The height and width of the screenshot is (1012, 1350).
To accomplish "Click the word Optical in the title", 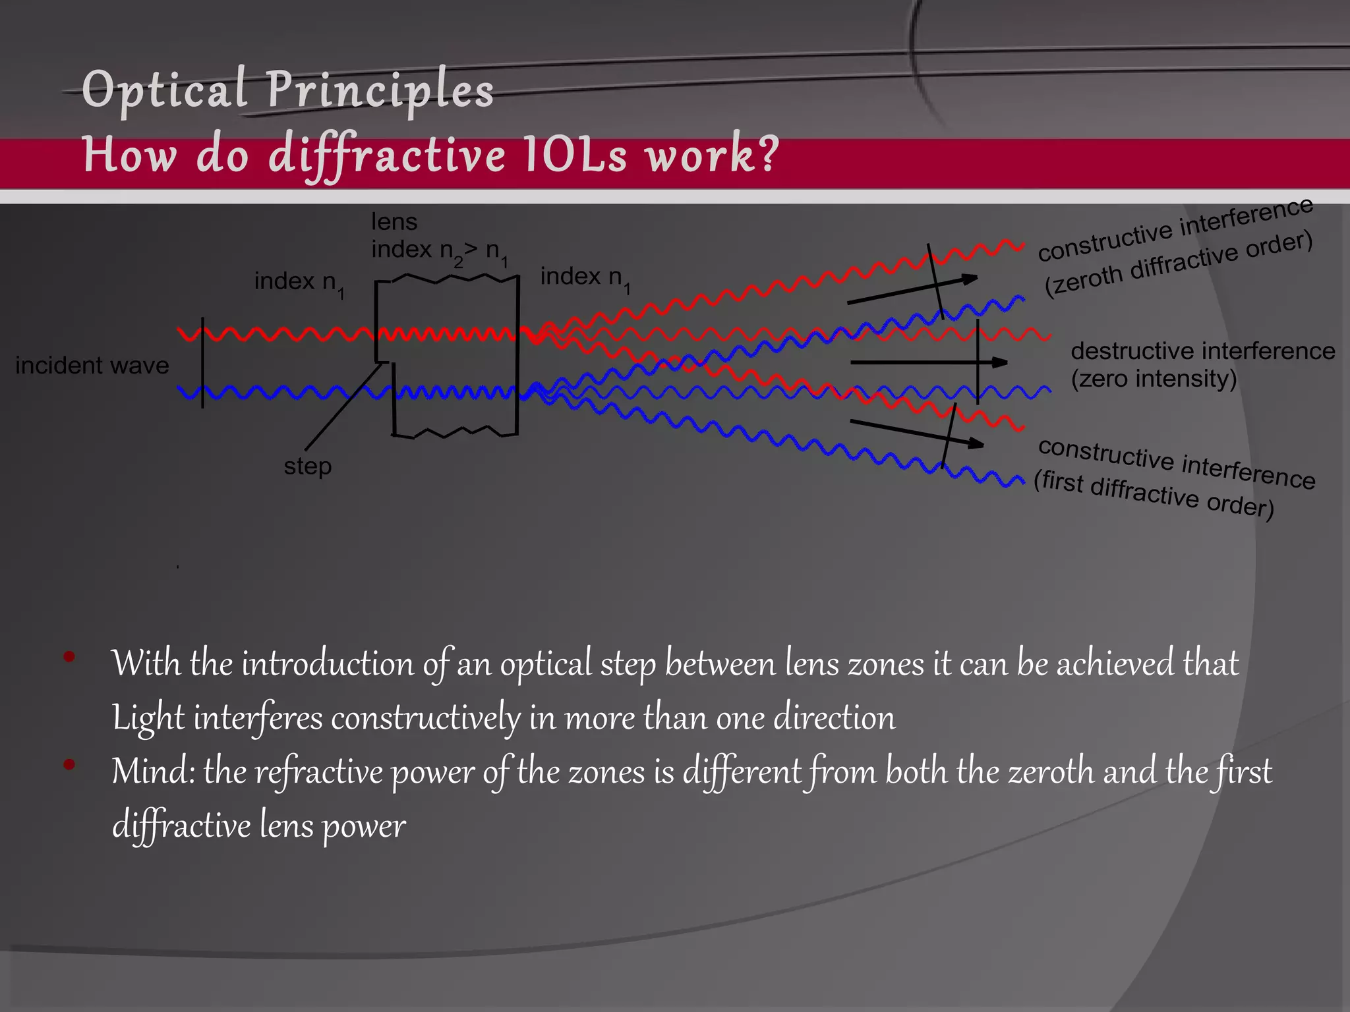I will [164, 90].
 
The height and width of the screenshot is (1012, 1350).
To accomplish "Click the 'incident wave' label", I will [92, 365].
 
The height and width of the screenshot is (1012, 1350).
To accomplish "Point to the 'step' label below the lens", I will [308, 466].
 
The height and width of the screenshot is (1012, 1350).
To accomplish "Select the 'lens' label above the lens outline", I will [394, 222].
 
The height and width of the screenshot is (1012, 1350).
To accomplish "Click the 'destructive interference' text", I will [1202, 351].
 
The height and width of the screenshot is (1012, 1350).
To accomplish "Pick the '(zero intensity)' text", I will [1154, 379].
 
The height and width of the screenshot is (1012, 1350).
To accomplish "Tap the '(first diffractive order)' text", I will [1154, 494].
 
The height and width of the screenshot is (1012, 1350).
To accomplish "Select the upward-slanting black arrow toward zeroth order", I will [912, 290].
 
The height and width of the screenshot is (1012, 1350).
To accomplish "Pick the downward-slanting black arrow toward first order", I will [916, 433].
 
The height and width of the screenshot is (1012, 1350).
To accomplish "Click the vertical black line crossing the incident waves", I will [202, 362].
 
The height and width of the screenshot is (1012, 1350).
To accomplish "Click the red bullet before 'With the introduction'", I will [69, 657].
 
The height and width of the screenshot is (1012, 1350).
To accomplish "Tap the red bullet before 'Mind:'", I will [69, 765].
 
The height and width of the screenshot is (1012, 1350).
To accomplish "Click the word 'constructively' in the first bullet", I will [425, 717].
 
